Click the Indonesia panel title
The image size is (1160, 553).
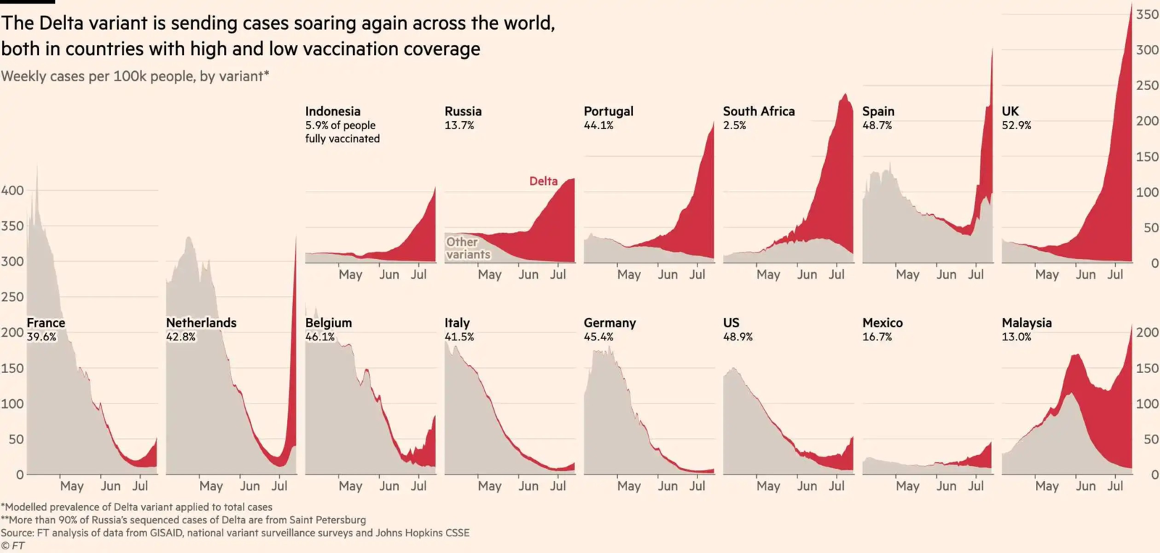point(332,111)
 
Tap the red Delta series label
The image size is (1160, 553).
point(543,181)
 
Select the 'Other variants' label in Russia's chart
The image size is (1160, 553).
point(468,248)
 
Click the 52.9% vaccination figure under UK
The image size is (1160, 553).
point(1016,126)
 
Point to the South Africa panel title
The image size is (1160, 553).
point(758,111)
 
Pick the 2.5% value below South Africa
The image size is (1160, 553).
point(734,126)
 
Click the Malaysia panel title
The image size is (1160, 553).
point(1026,322)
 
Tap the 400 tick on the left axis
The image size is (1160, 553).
point(12,190)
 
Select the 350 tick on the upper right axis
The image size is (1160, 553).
point(1147,15)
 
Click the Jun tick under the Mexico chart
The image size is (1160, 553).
point(945,486)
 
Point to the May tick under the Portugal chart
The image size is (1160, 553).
point(629,274)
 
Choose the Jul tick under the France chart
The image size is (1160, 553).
point(140,486)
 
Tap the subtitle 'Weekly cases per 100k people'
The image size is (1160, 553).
point(98,76)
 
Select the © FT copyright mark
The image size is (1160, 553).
point(12,546)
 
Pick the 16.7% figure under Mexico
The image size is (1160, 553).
point(877,337)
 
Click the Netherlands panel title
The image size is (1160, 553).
point(201,322)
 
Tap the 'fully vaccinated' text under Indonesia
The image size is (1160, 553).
point(342,139)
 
